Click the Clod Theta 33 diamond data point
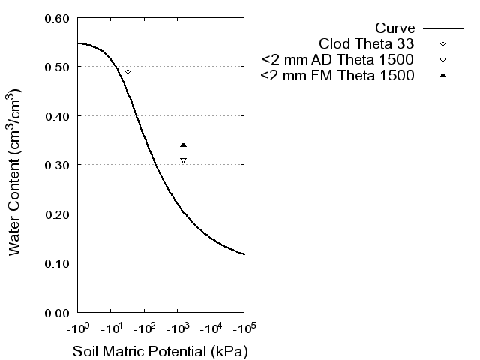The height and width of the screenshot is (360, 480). click(127, 71)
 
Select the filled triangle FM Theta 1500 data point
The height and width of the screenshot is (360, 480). click(183, 145)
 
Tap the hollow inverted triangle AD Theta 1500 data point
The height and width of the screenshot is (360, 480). click(183, 160)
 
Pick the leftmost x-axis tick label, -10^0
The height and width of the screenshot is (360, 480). click(78, 328)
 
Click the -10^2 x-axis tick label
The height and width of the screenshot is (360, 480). click(144, 328)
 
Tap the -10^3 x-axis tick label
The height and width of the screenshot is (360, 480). click(177, 328)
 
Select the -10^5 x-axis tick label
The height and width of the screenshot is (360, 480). click(243, 328)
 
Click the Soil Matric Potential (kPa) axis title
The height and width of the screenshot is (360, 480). click(160, 351)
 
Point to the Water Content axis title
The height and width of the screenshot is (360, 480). click(16, 172)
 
